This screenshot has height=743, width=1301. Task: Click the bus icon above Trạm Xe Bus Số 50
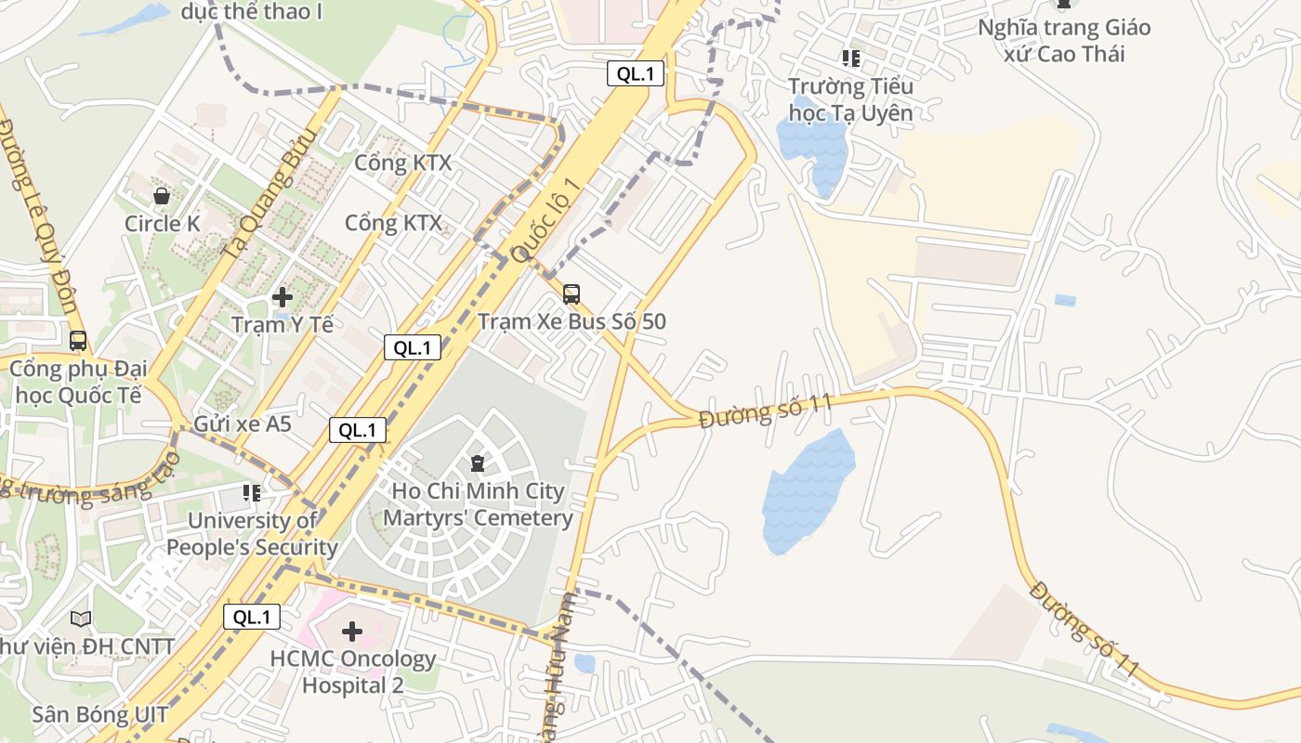click(572, 294)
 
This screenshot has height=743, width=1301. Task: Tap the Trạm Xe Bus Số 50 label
click(572, 322)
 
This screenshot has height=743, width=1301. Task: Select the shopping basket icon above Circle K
click(162, 196)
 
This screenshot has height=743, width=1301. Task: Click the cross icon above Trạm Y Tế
click(283, 297)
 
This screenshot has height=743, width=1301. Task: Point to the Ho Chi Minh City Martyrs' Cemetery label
click(478, 504)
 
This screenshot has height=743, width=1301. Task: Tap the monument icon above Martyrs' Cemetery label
click(478, 463)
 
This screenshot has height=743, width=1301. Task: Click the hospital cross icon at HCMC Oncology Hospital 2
click(352, 632)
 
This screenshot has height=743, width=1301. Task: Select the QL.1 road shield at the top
click(636, 74)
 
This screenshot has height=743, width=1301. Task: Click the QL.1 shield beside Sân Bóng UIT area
click(251, 618)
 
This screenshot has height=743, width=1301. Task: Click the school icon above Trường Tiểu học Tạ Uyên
click(850, 59)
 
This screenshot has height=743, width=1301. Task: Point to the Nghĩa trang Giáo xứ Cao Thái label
click(1064, 41)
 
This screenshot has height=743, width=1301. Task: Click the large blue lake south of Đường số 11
click(807, 492)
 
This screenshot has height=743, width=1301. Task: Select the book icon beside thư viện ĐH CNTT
click(82, 619)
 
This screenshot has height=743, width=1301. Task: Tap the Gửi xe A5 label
click(242, 425)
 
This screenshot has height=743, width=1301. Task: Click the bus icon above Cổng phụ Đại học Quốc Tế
click(78, 341)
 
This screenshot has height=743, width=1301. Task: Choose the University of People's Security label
click(252, 534)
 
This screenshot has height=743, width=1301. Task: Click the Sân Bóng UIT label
click(100, 714)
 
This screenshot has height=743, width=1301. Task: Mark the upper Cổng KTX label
click(402, 163)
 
